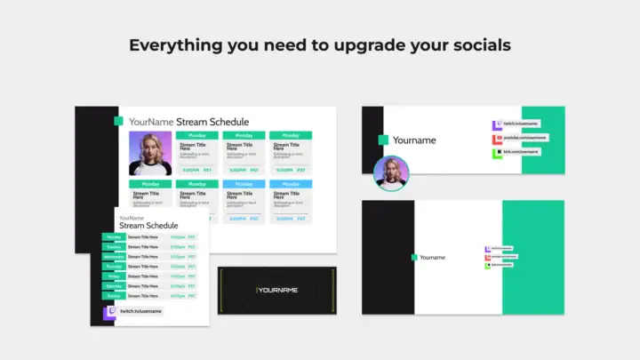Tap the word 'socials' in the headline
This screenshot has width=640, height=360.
481,44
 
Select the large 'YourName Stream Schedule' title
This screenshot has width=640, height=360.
188,122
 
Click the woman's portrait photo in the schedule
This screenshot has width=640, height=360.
150,154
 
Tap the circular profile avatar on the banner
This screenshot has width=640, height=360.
390,173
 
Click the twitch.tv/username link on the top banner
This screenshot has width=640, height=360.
524,124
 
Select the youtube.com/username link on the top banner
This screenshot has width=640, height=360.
524,139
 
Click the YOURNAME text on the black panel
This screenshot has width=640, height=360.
278,291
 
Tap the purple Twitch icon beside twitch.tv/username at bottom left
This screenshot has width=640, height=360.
110,312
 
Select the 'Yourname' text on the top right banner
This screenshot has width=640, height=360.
414,140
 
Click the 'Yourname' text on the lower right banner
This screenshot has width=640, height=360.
432,258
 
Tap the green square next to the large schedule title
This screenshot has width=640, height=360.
118,122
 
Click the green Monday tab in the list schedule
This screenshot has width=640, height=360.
114,237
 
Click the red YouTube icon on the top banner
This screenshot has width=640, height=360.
497,139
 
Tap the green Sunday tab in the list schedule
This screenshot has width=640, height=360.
114,296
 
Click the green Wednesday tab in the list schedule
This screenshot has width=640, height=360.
114,257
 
